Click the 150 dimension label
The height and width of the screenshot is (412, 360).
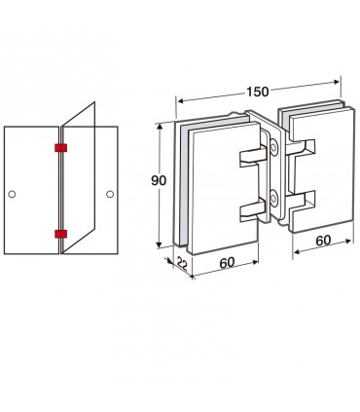(x=258, y=92)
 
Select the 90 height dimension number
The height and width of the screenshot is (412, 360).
(x=159, y=180)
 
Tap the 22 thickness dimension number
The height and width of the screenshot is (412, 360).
(x=183, y=264)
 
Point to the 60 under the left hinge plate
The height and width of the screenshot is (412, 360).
(x=227, y=262)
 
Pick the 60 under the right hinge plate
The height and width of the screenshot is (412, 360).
(x=323, y=241)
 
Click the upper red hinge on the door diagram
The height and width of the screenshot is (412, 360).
(x=60, y=148)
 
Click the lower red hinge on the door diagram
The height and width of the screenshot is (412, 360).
(x=60, y=234)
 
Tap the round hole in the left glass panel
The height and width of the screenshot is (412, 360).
(x=12, y=194)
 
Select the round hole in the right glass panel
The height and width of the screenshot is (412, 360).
(x=110, y=194)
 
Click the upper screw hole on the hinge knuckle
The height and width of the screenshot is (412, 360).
(x=274, y=147)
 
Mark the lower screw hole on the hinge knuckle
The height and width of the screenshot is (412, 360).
(x=274, y=198)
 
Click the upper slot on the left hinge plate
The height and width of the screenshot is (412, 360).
(x=253, y=157)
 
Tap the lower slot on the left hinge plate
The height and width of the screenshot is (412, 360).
(x=253, y=210)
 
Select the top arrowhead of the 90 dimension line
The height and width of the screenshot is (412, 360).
(x=159, y=127)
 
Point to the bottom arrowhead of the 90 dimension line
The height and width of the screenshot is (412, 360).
(x=159, y=244)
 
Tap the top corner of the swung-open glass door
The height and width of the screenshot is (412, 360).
(x=94, y=102)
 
